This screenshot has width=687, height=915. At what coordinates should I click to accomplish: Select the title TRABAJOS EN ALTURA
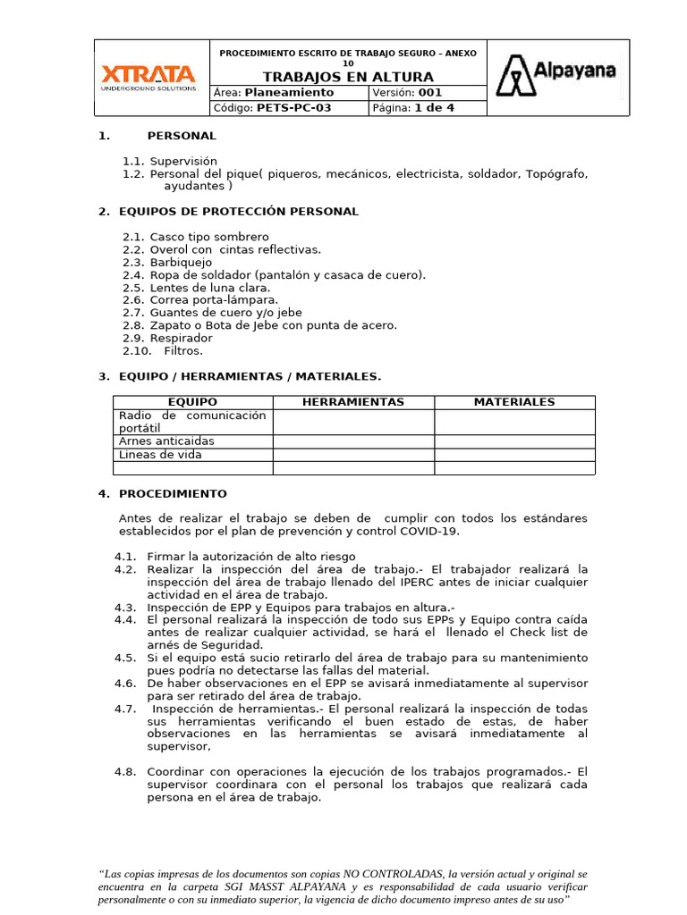pyautogui.click(x=348, y=78)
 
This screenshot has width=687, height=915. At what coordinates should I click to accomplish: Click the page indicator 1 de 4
pyautogui.click(x=434, y=108)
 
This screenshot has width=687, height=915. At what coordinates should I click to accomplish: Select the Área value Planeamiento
pyautogui.click(x=289, y=93)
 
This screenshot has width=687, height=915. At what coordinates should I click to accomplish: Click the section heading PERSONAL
pyautogui.click(x=182, y=136)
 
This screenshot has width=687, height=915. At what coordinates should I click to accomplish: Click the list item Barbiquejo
pyautogui.click(x=181, y=263)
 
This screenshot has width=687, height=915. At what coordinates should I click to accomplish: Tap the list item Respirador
pyautogui.click(x=181, y=339)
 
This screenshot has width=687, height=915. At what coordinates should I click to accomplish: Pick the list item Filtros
pyautogui.click(x=183, y=351)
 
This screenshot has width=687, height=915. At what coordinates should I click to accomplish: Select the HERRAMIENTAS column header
pyautogui.click(x=353, y=403)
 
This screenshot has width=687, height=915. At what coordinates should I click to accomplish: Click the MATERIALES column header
pyautogui.click(x=514, y=403)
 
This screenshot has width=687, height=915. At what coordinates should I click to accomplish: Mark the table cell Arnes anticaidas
pyautogui.click(x=166, y=441)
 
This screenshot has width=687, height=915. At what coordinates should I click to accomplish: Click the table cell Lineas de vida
pyautogui.click(x=160, y=455)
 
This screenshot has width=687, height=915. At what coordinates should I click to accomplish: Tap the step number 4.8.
pyautogui.click(x=124, y=772)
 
